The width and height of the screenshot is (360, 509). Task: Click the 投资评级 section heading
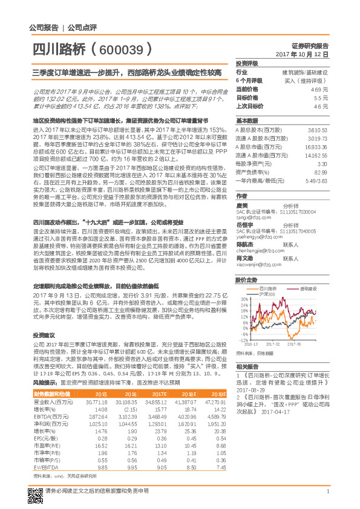(246, 63)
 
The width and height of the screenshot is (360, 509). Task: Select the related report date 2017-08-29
(250, 390)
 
